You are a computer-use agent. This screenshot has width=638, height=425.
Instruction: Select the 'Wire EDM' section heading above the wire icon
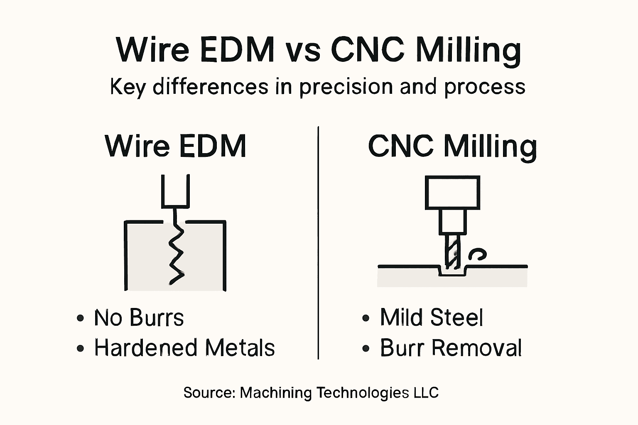[176, 146]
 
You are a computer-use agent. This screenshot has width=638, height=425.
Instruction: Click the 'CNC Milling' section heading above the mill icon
[452, 147]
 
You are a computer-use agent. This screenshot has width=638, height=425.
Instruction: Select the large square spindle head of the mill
[452, 192]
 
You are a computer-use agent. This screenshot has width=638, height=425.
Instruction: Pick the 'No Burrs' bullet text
[139, 318]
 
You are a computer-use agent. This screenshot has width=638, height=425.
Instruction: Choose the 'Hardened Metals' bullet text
[184, 348]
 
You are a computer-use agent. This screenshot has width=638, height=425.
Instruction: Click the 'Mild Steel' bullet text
[432, 318]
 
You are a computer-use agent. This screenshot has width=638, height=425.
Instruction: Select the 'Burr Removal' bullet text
[451, 348]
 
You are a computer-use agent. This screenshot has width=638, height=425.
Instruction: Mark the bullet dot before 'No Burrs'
[81, 319]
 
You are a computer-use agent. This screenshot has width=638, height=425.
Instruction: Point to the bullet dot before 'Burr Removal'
[366, 349]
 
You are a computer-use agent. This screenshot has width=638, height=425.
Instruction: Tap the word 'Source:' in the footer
[209, 393]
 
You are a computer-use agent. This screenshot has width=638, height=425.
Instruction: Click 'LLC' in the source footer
[426, 393]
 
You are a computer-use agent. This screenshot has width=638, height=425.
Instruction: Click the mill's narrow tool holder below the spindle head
[452, 222]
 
